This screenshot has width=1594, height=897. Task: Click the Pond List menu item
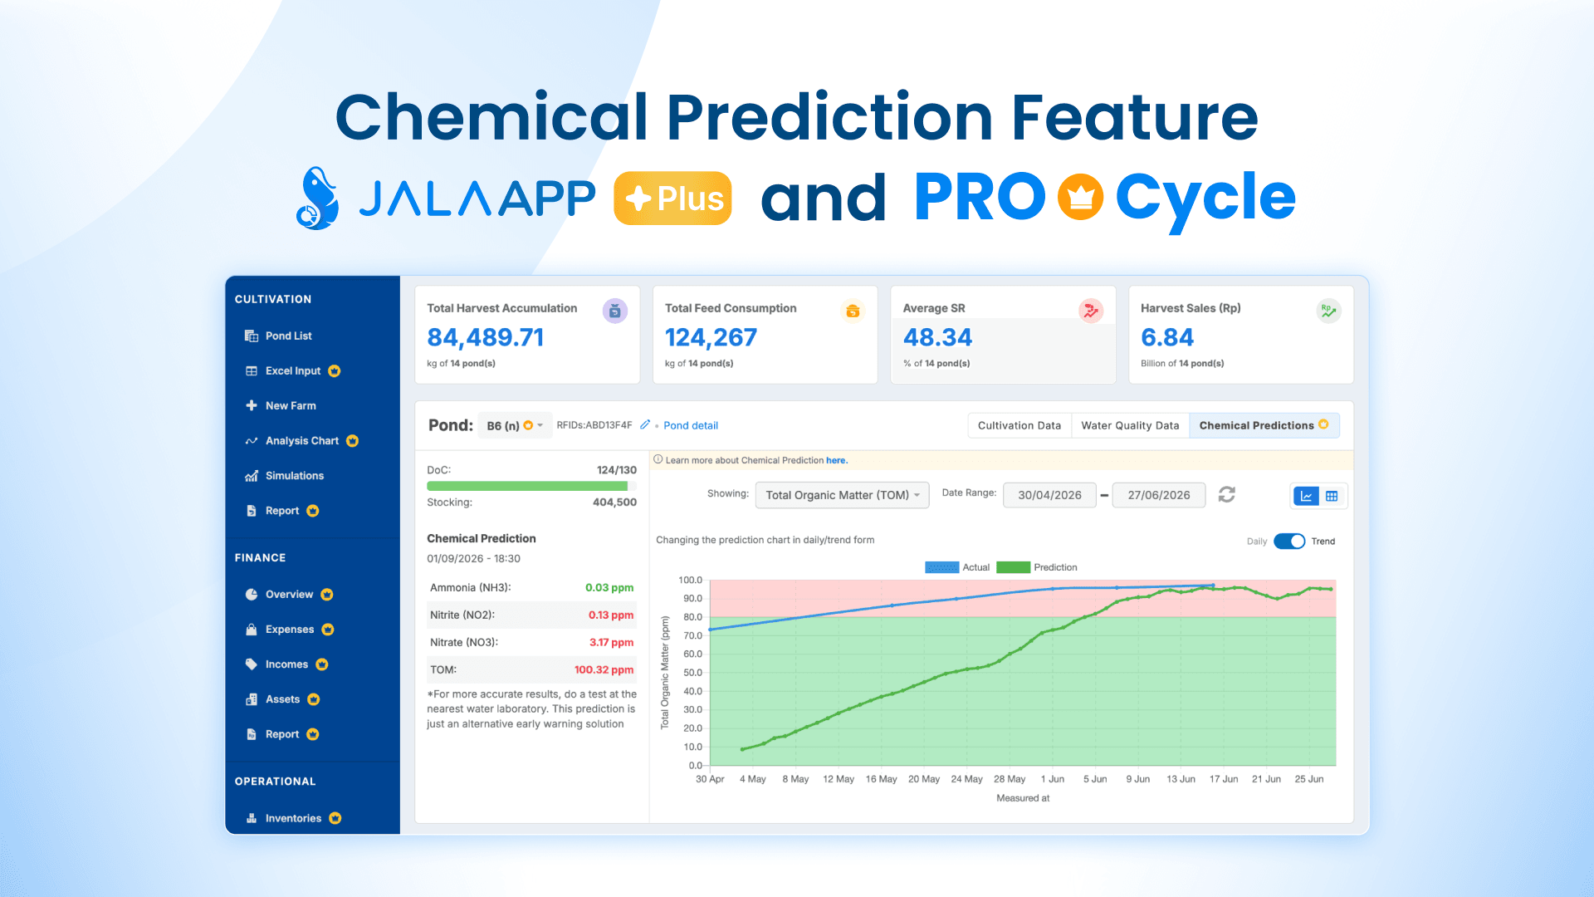(x=279, y=336)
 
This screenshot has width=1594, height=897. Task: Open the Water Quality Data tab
(x=1130, y=425)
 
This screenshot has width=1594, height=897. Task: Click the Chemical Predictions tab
(x=1264, y=425)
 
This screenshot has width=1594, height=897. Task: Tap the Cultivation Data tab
(x=1019, y=425)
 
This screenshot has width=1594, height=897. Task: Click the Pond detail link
(x=691, y=425)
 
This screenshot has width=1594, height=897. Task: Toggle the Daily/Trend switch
(x=1289, y=542)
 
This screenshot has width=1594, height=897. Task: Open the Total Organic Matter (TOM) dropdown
(x=842, y=495)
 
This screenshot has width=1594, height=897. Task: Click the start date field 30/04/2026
(x=1049, y=495)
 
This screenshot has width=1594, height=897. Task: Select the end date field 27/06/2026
(x=1158, y=495)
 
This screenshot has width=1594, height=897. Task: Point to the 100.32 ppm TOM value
(x=604, y=669)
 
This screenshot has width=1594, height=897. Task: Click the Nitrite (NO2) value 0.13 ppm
(x=611, y=615)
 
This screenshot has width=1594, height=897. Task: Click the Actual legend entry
(x=957, y=567)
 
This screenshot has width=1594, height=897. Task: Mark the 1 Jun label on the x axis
(x=1053, y=779)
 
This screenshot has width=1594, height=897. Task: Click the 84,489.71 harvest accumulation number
(x=486, y=337)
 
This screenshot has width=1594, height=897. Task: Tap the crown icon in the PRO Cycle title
(x=1080, y=197)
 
